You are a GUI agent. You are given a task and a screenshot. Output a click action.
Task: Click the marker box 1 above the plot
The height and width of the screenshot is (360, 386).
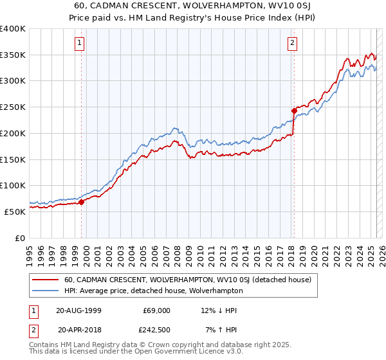pos(79,43)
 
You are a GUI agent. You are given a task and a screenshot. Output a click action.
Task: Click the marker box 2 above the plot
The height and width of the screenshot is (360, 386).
pos(292,43)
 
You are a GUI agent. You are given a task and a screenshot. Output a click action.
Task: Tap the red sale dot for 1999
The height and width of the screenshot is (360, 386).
pos(82,202)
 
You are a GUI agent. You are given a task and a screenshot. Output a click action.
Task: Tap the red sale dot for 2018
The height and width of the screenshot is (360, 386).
pos(294,110)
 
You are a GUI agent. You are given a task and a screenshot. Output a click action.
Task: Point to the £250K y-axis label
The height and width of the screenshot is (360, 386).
pos(13,107)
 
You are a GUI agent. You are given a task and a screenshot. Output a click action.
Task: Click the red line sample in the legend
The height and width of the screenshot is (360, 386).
pos(46,280)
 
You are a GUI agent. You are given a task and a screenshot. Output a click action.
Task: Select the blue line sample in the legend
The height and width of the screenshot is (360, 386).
pos(46,291)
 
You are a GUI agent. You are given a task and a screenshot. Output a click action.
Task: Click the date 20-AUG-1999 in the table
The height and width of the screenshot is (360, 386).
pos(81,310)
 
